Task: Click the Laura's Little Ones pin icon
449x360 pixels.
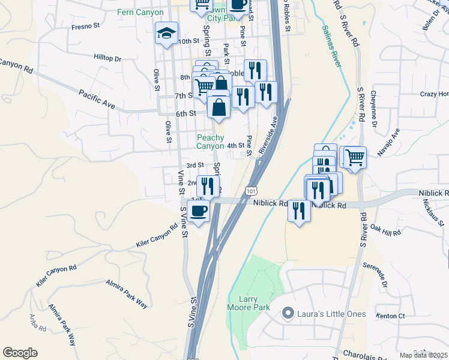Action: click(x=288, y=312)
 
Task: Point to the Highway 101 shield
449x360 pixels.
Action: click(x=250, y=191)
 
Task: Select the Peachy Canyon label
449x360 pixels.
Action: click(x=211, y=142)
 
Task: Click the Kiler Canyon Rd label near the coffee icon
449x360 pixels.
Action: click(x=157, y=236)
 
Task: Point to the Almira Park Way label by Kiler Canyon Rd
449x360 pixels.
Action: click(x=127, y=293)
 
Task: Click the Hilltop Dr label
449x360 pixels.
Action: click(x=107, y=59)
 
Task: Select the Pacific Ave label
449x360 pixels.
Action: click(x=97, y=100)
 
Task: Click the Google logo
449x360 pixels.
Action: click(x=20, y=353)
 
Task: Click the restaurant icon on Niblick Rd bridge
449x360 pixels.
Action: click(x=298, y=211)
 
